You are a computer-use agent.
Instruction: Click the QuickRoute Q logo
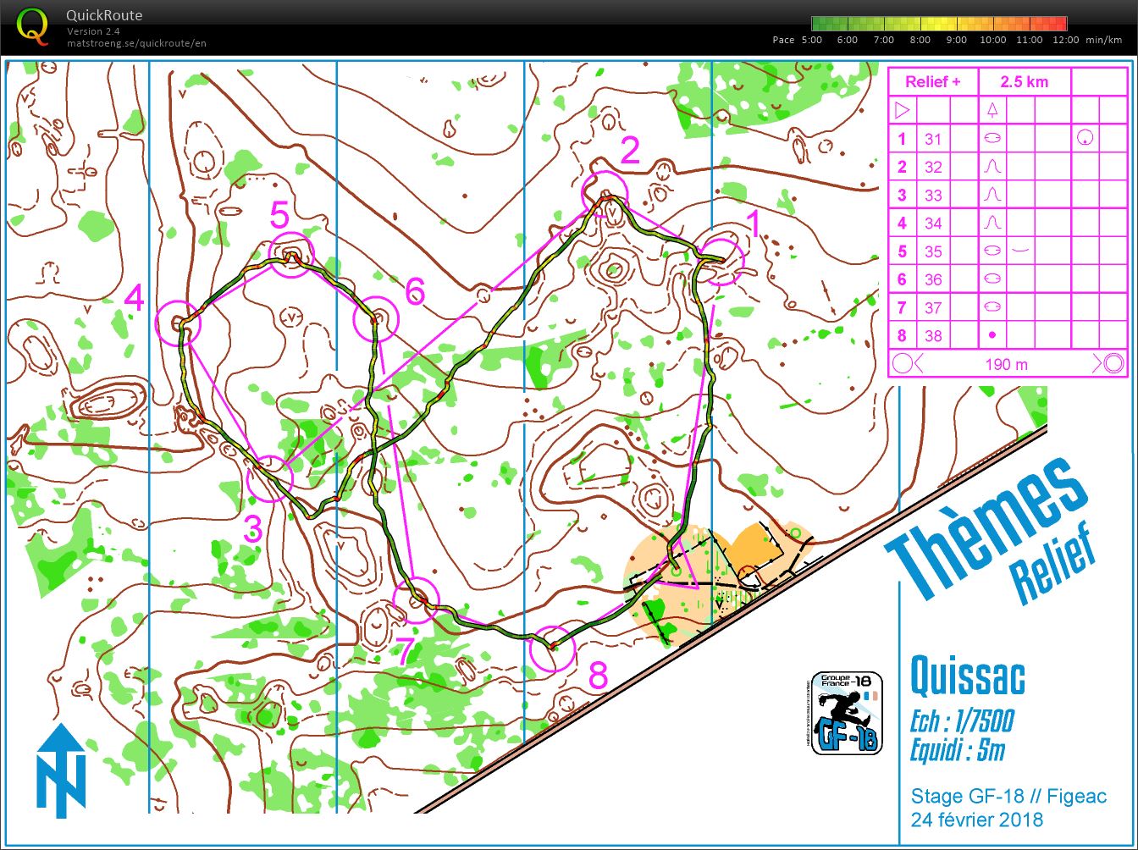[33, 25]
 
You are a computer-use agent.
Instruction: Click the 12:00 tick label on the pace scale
[1066, 40]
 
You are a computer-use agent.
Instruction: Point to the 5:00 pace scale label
[810, 40]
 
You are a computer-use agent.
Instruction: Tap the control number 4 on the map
[135, 298]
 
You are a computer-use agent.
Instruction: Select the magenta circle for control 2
[605, 194]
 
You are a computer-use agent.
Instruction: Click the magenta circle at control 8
[552, 649]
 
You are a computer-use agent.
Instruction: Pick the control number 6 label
[414, 291]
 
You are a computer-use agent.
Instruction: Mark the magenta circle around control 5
[291, 253]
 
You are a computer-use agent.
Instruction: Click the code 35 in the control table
[933, 251]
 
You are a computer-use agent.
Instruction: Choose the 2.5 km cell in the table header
[1024, 82]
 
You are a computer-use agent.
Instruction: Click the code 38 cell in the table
[933, 336]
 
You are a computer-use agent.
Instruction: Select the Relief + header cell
[932, 82]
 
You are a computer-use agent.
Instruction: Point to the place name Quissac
[967, 676]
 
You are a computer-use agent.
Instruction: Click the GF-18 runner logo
[847, 713]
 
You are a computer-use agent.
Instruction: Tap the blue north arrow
[61, 770]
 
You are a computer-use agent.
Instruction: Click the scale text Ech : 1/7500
[961, 722]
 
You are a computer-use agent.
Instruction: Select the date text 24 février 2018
[976, 820]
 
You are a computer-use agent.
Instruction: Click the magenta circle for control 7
[417, 599]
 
